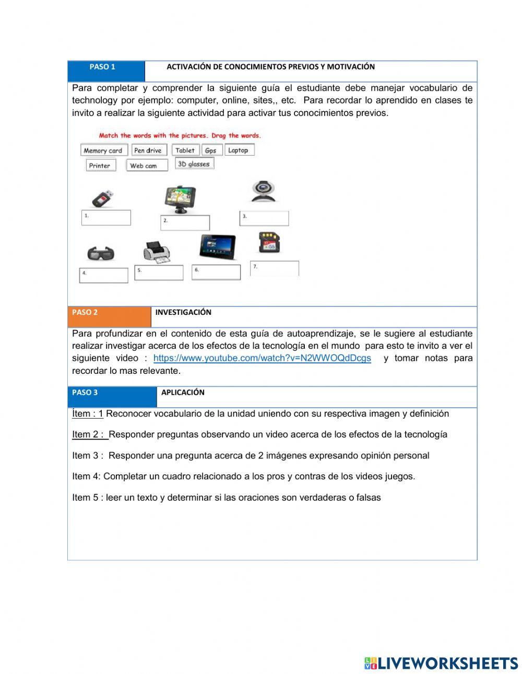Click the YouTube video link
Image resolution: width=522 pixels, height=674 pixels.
click(262, 358)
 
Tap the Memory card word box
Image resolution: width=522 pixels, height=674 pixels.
click(103, 150)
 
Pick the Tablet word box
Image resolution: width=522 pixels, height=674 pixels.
click(185, 150)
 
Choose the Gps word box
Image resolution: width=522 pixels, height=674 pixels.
click(211, 150)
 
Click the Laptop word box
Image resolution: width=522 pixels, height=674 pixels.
click(239, 150)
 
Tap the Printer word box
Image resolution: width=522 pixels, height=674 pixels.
click(100, 165)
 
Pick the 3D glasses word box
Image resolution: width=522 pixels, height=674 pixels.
click(194, 164)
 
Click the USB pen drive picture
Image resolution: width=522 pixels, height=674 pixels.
click(103, 199)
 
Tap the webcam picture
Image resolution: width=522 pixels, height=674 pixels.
click(263, 192)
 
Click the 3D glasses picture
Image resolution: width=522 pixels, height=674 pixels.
click(101, 254)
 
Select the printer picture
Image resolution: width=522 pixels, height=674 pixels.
click(157, 252)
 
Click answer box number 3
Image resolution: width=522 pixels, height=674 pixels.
click(264, 218)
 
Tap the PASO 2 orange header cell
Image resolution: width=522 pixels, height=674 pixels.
click(109, 316)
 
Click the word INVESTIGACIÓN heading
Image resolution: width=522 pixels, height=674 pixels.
click(183, 312)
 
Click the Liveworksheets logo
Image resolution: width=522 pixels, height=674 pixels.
click(441, 663)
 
